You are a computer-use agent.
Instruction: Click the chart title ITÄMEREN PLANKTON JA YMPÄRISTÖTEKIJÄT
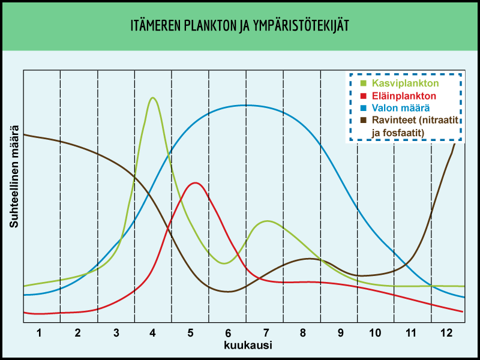240,26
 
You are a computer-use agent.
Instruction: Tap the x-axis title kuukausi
248,346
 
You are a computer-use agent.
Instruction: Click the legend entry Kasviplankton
405,83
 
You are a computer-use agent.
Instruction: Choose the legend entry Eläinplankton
403,95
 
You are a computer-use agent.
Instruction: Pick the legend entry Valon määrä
400,108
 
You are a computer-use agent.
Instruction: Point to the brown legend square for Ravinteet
362,121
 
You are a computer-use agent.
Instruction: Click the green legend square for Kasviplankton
362,83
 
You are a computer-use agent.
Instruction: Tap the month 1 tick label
40,332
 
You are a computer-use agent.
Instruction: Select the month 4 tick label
152,332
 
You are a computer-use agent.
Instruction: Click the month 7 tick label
265,332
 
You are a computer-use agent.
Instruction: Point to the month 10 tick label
375,332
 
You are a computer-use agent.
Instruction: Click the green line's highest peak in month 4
153,97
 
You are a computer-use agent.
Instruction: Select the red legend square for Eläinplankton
362,96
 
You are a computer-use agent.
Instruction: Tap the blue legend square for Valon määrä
362,108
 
